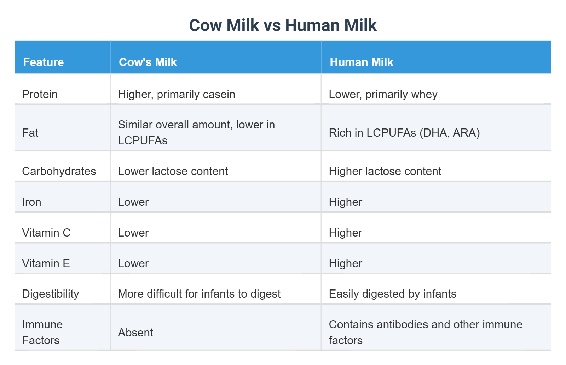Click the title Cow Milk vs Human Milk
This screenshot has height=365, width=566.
[x=283, y=25]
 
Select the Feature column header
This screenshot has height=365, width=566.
[x=43, y=62]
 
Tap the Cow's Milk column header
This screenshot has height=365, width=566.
[x=148, y=62]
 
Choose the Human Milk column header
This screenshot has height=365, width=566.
[x=361, y=62]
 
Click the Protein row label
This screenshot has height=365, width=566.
[x=40, y=94]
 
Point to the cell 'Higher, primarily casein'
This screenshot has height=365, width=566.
[x=177, y=94]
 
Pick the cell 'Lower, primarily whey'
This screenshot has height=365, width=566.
[x=383, y=94]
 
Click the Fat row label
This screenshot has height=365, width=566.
[x=30, y=133]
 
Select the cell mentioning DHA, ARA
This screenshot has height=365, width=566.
[x=404, y=133]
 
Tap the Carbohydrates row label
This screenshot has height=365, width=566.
[x=59, y=171]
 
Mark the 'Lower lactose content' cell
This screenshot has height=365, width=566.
[x=173, y=171]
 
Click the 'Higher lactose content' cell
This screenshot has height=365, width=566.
[x=385, y=171]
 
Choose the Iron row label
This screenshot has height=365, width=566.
[x=31, y=202]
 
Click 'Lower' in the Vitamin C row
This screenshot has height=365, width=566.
[x=133, y=233]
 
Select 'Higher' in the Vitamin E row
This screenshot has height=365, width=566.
[x=345, y=263]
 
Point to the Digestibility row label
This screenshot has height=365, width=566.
[x=50, y=294]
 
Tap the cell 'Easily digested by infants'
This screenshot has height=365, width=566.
[x=392, y=294]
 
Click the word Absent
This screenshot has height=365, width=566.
[x=135, y=333]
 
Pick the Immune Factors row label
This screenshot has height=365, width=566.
[x=42, y=332]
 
